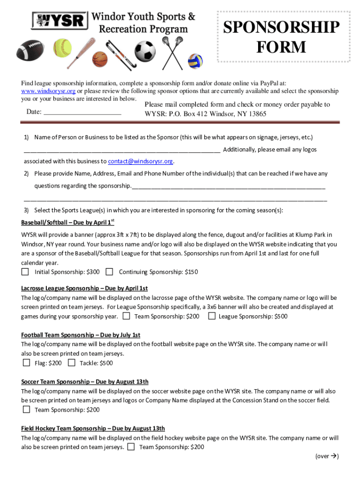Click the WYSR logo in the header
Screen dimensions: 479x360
click(x=60, y=20)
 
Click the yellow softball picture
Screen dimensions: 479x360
click(x=62, y=47)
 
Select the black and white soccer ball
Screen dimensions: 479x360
click(x=145, y=50)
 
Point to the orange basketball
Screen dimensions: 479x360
click(x=100, y=59)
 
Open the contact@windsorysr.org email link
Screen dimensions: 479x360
click(x=140, y=161)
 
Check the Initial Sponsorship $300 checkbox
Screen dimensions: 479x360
click(x=25, y=272)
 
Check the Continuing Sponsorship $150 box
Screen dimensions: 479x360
click(x=109, y=272)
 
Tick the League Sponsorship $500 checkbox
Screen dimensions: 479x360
click(x=212, y=316)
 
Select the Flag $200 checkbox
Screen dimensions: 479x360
click(x=26, y=363)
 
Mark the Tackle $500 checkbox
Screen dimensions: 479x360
click(x=72, y=363)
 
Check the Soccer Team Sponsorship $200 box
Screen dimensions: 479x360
click(x=26, y=410)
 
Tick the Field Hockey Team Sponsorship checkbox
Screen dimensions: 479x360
click(x=131, y=447)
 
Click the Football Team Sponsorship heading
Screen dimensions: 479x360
click(x=80, y=335)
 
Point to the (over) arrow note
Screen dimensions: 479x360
click(x=327, y=457)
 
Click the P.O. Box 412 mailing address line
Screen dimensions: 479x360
click(x=205, y=114)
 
